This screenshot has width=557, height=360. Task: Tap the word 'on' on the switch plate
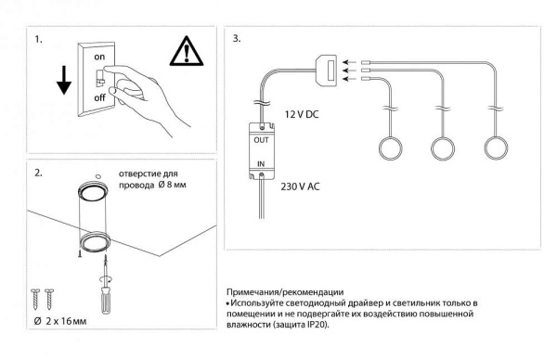pos(99,57)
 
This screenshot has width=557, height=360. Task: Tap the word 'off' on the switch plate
pos(100,96)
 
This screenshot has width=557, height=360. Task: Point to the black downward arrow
pos(64,80)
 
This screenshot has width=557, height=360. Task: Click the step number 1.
pos(38,39)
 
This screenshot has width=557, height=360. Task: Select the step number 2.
pos(38,173)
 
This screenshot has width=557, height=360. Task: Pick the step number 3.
pos(237,38)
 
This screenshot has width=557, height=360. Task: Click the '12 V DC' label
pos(302,114)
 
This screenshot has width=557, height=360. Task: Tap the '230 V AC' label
pos(300,186)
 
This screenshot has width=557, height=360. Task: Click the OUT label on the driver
pos(261,140)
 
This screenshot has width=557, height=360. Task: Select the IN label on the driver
pos(261,164)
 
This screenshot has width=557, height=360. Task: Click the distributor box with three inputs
pos(327,70)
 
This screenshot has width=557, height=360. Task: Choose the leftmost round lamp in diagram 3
pos(391,148)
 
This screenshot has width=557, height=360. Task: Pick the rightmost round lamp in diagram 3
pos(496,148)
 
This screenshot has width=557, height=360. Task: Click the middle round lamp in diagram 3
pos(443,148)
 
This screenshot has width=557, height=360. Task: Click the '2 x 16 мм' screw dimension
pos(66,321)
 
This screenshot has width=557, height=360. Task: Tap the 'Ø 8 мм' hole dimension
pos(172,185)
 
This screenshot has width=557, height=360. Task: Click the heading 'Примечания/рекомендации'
pos(285,292)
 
